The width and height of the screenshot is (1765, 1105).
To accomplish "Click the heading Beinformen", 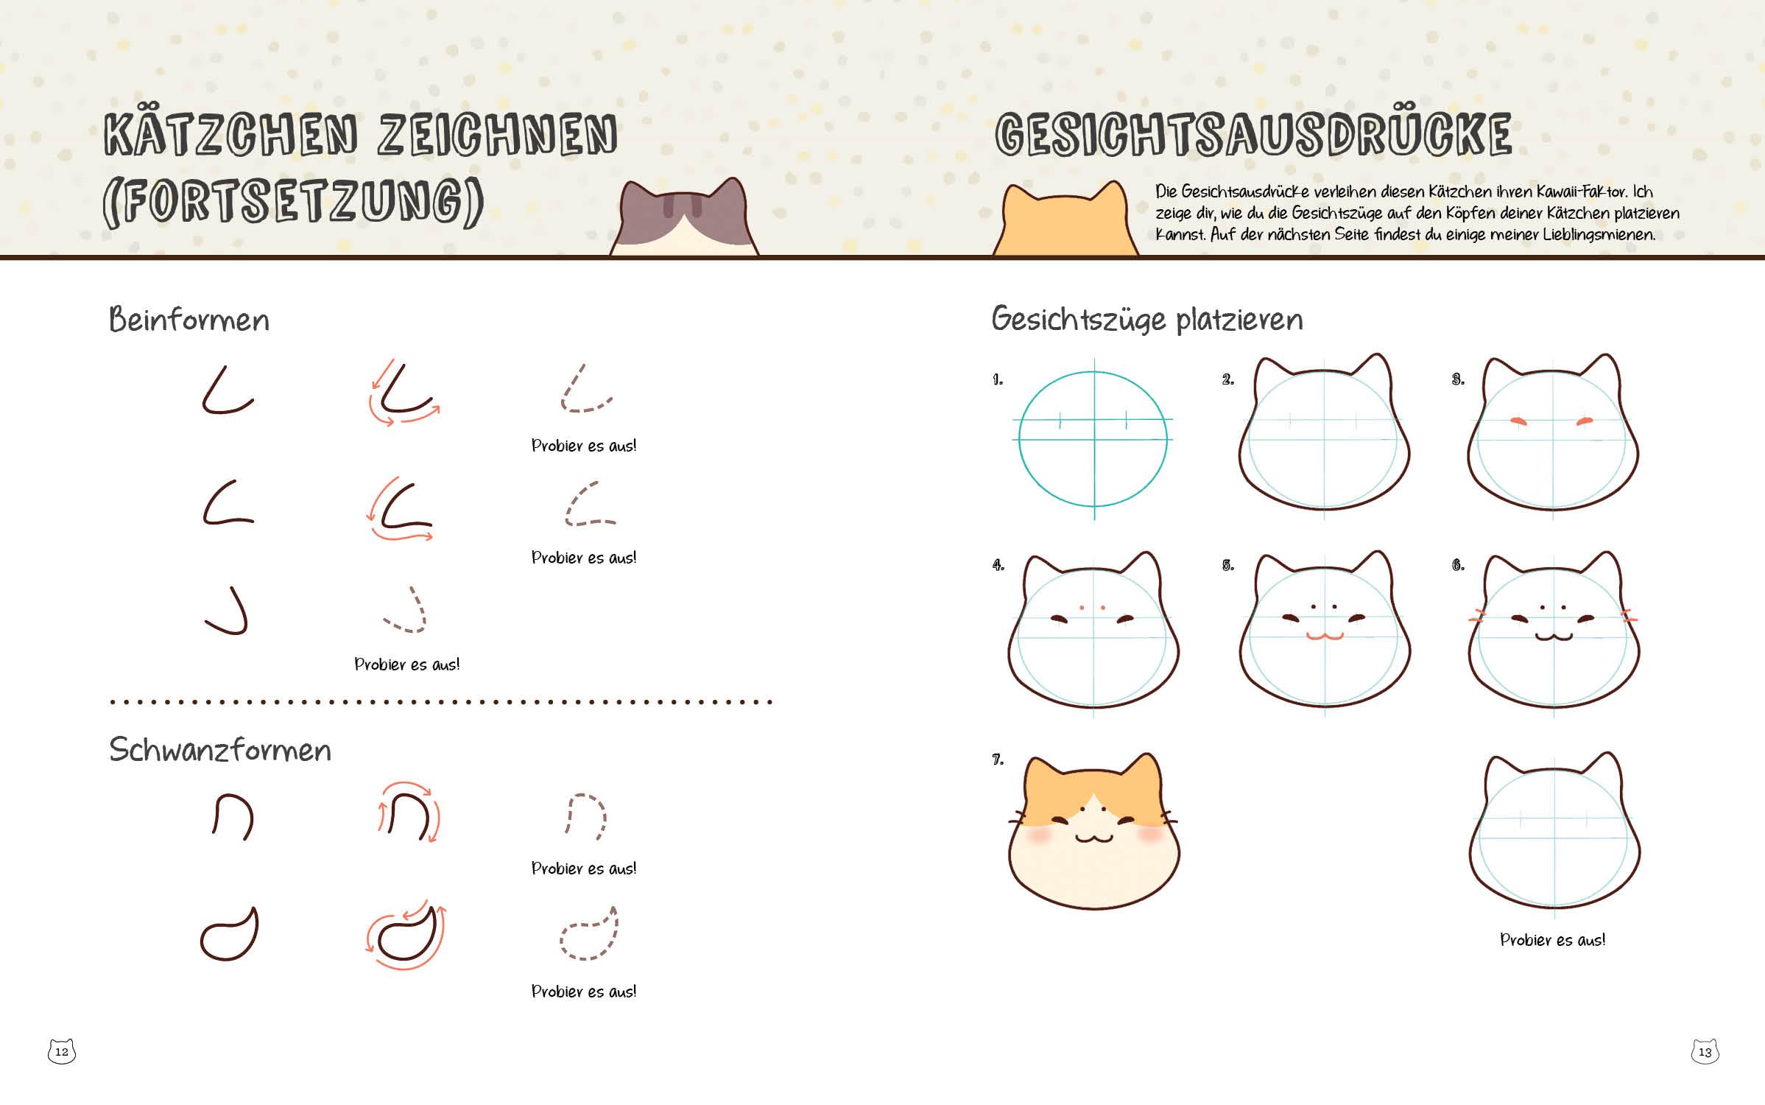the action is [x=189, y=320].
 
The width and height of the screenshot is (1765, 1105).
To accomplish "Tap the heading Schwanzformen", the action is [x=220, y=750].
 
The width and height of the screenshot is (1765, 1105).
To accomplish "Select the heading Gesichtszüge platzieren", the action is [x=1147, y=320].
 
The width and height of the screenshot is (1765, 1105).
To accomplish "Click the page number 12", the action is [x=62, y=1051].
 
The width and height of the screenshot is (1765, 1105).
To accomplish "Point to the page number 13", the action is [x=1705, y=1051].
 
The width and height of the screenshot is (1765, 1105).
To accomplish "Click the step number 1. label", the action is [x=998, y=380].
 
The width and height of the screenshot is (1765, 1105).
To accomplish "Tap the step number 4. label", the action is [x=998, y=565].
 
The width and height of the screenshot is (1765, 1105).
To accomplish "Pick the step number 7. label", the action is [x=998, y=760].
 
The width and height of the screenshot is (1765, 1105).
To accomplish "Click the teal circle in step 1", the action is [x=1020, y=438].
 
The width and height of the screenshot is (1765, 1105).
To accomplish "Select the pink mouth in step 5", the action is [x=1325, y=636].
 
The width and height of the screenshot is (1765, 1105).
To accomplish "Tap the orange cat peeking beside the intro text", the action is [x=1065, y=220].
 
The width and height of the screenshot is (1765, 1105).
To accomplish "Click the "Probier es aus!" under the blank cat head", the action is [x=1553, y=940].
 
